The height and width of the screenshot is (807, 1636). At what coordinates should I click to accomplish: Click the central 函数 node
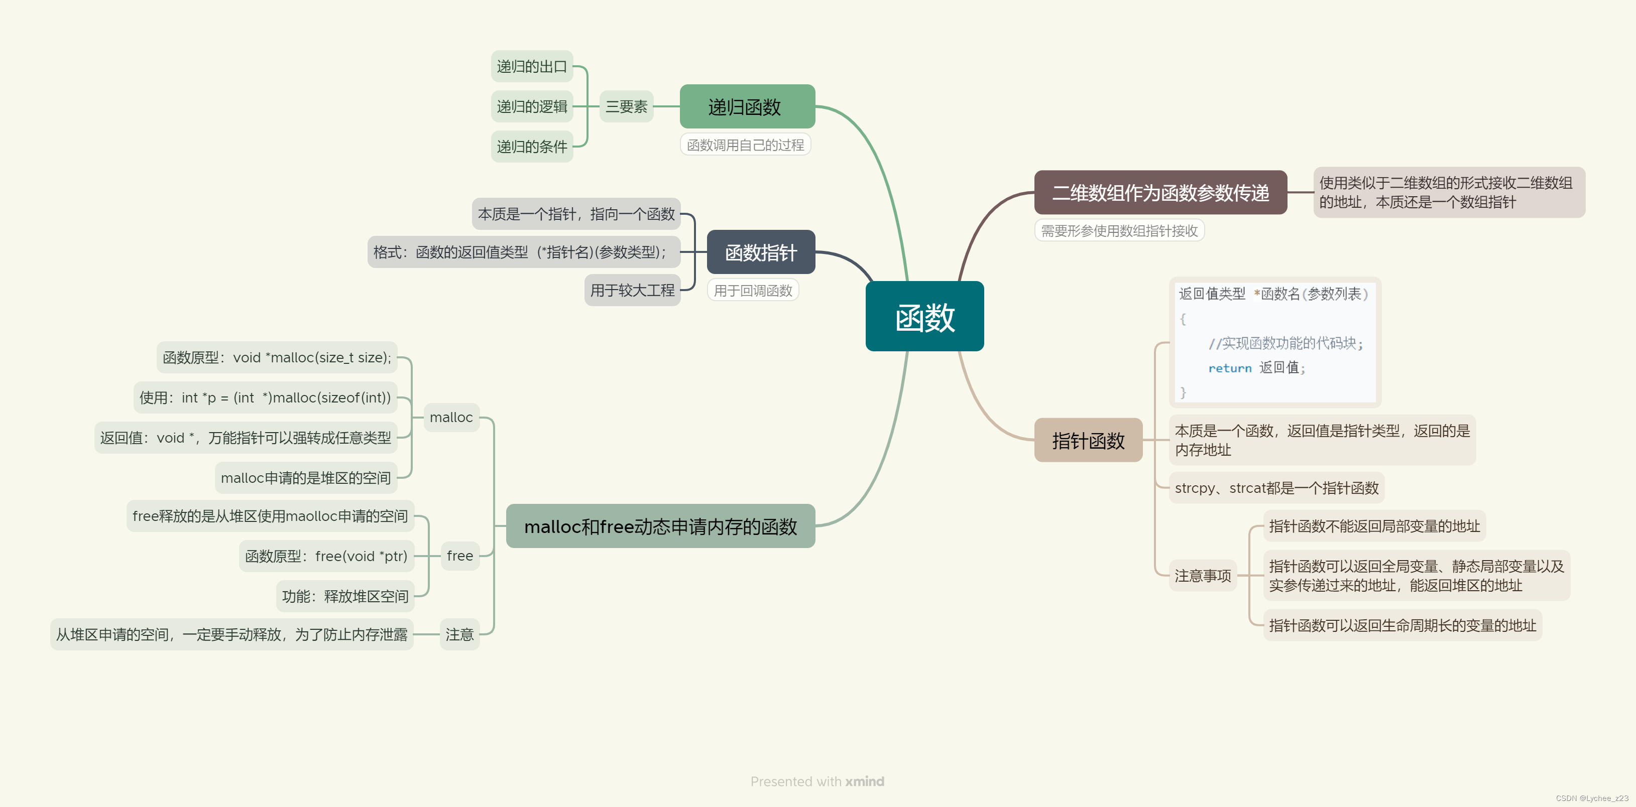[924, 316]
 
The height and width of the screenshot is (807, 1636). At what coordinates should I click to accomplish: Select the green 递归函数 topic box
[747, 107]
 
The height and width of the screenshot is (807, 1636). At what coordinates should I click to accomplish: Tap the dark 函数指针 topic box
[760, 252]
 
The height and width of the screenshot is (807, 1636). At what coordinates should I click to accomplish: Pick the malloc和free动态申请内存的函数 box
[660, 526]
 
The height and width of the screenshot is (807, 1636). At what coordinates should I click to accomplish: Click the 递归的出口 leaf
[532, 67]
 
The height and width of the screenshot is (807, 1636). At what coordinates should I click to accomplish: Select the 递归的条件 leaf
[532, 147]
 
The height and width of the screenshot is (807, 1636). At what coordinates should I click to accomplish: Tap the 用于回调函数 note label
[753, 291]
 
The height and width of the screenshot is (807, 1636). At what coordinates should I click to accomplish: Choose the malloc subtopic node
[451, 417]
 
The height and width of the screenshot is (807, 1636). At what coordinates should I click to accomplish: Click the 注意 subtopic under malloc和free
[459, 634]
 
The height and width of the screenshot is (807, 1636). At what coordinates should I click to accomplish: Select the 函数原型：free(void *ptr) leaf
[326, 556]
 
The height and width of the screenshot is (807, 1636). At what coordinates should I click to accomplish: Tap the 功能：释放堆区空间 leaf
[345, 596]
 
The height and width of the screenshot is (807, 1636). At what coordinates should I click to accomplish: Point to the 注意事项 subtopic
[1202, 576]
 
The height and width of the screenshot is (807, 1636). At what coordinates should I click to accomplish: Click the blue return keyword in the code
[1230, 368]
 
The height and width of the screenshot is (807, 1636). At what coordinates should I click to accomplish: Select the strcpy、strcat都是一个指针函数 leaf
[1276, 488]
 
